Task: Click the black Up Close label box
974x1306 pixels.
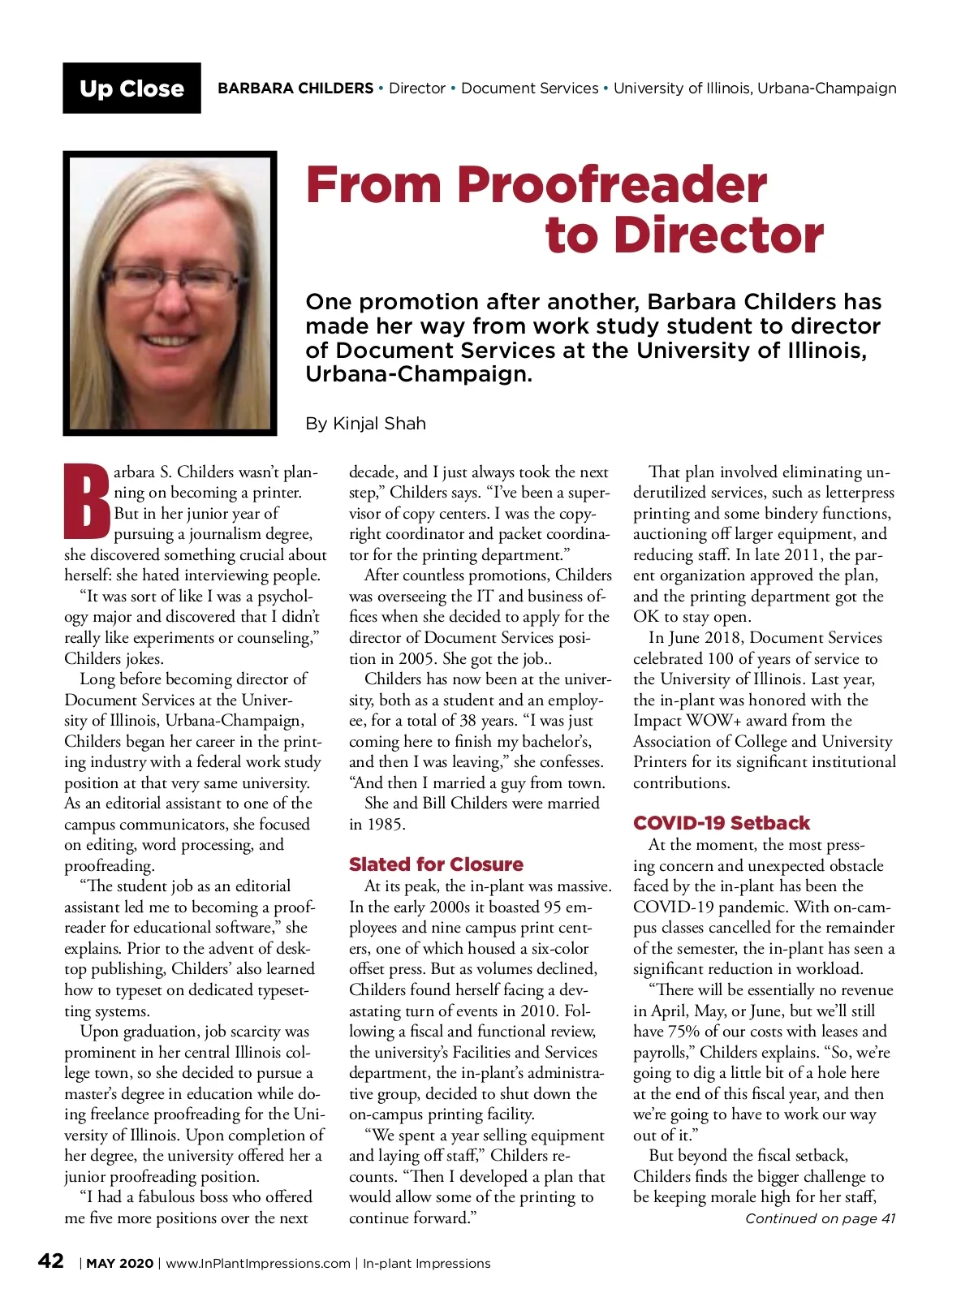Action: coord(131,88)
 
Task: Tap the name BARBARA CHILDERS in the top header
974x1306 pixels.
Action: coord(295,88)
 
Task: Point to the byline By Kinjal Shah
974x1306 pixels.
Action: coord(365,424)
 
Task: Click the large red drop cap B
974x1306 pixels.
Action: coord(86,502)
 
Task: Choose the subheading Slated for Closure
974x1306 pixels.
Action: coord(436,864)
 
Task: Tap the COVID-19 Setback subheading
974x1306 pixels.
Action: coord(721,823)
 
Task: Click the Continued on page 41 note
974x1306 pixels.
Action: coord(820,1218)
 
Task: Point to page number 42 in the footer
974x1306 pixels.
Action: coord(51,1261)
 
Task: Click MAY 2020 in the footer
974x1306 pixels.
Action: coord(119,1264)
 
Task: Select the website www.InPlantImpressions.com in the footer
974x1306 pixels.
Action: coord(258,1264)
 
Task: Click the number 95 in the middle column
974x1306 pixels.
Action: coord(554,907)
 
